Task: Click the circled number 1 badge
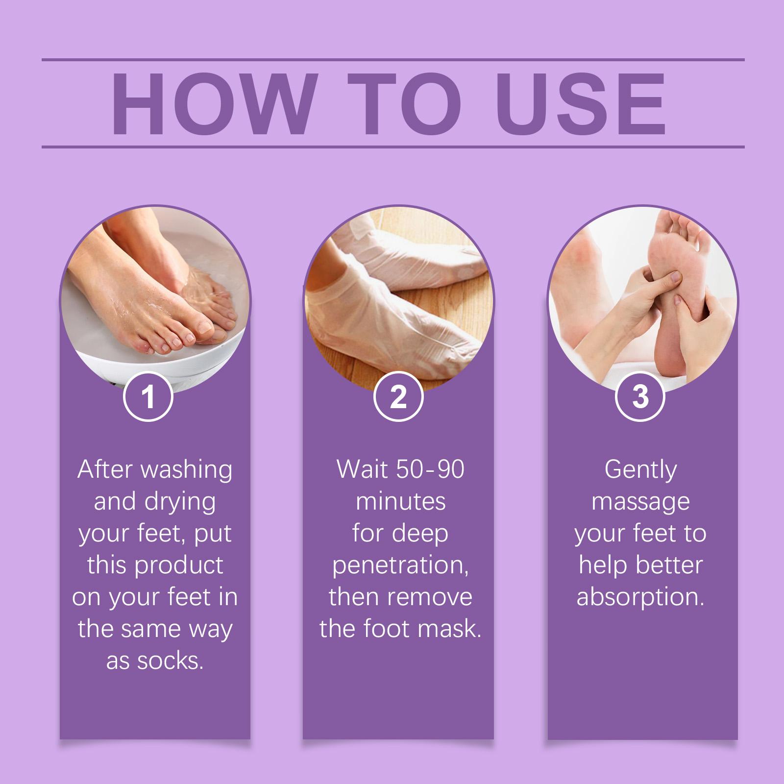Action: click(x=147, y=397)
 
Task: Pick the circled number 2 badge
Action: click(x=398, y=397)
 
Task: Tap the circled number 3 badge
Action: click(x=639, y=397)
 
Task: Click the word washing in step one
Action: click(x=186, y=471)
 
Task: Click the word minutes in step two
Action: click(x=400, y=502)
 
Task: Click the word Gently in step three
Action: click(x=640, y=471)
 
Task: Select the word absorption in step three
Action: click(x=640, y=598)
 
